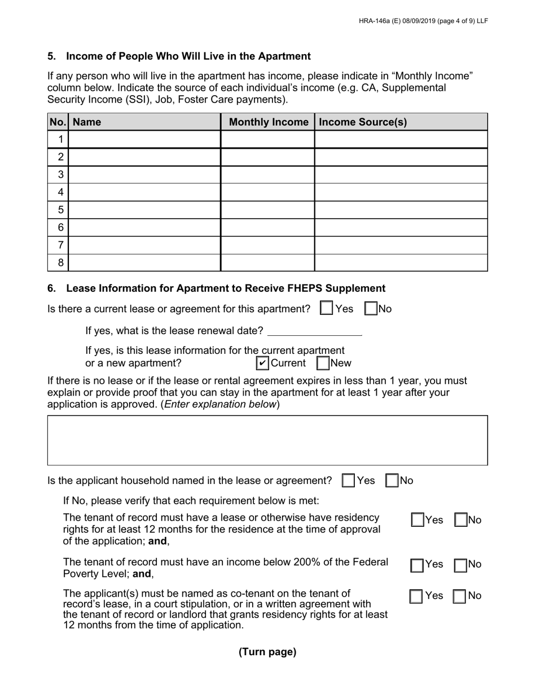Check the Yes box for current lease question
tap(326, 308)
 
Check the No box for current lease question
tap(371, 308)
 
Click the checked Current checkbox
tap(262, 363)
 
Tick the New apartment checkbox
tap(323, 363)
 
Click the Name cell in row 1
tap(144, 139)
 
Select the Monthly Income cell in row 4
tap(267, 192)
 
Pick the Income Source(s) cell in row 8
tap(401, 263)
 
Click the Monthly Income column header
tap(268, 122)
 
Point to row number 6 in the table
tap(60, 228)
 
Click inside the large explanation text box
tap(267, 440)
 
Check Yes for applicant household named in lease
tap(349, 481)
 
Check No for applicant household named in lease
tap(392, 481)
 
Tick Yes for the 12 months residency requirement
tap(418, 520)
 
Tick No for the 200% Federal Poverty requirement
tap(461, 565)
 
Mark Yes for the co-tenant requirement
tap(416, 596)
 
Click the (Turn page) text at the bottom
tap(267, 652)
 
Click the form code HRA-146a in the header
tap(374, 21)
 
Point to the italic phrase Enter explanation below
tap(220, 404)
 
